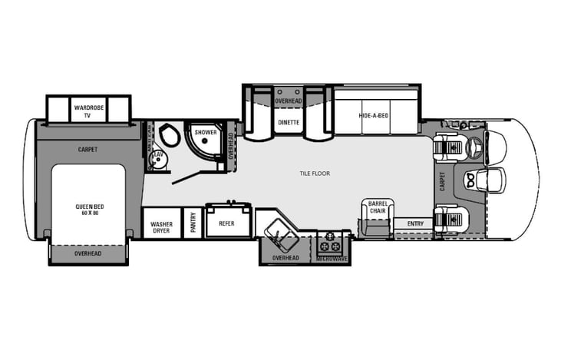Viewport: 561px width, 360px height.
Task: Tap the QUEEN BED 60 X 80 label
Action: coord(89,209)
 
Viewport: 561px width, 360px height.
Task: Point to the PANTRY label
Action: coord(193,223)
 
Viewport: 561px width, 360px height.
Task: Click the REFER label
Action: coord(227,223)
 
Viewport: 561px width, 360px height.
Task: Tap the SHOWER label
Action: coord(205,132)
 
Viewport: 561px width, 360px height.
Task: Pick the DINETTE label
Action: coord(289,121)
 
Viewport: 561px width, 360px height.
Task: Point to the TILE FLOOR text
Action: coord(315,173)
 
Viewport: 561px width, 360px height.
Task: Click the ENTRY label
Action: coord(415,223)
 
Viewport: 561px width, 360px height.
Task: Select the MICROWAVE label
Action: coord(332,259)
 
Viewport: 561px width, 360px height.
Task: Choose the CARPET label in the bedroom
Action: coord(88,149)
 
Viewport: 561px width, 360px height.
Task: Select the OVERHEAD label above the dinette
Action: coord(289,101)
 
